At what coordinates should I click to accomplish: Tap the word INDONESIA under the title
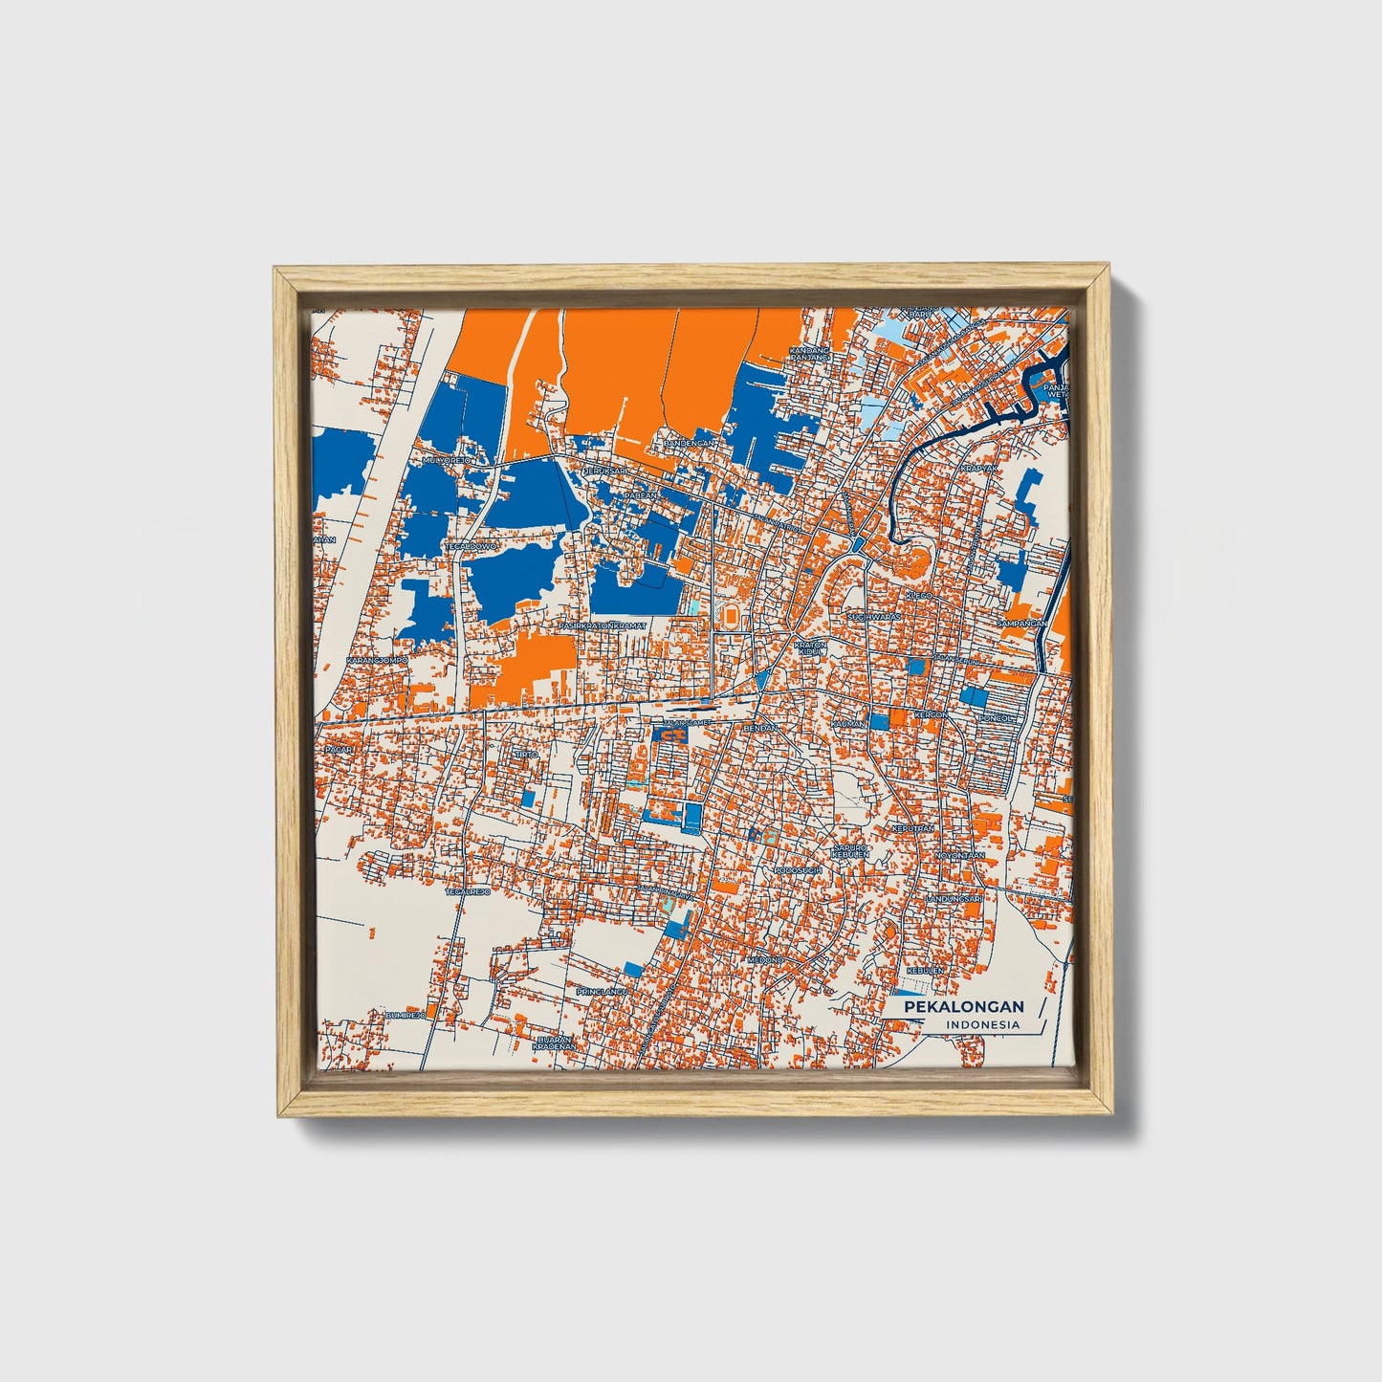coord(983,1025)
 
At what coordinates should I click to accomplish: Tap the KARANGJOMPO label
coord(377,660)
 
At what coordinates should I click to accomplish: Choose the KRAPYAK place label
coord(978,469)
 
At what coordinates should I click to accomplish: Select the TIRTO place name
coord(527,755)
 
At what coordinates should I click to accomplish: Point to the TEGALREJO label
coord(468,891)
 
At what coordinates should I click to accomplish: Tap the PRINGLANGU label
coord(601,992)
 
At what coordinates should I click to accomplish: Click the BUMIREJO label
coord(405,1014)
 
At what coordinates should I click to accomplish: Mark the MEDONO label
coord(765,959)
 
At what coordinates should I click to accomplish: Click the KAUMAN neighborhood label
coord(848,724)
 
